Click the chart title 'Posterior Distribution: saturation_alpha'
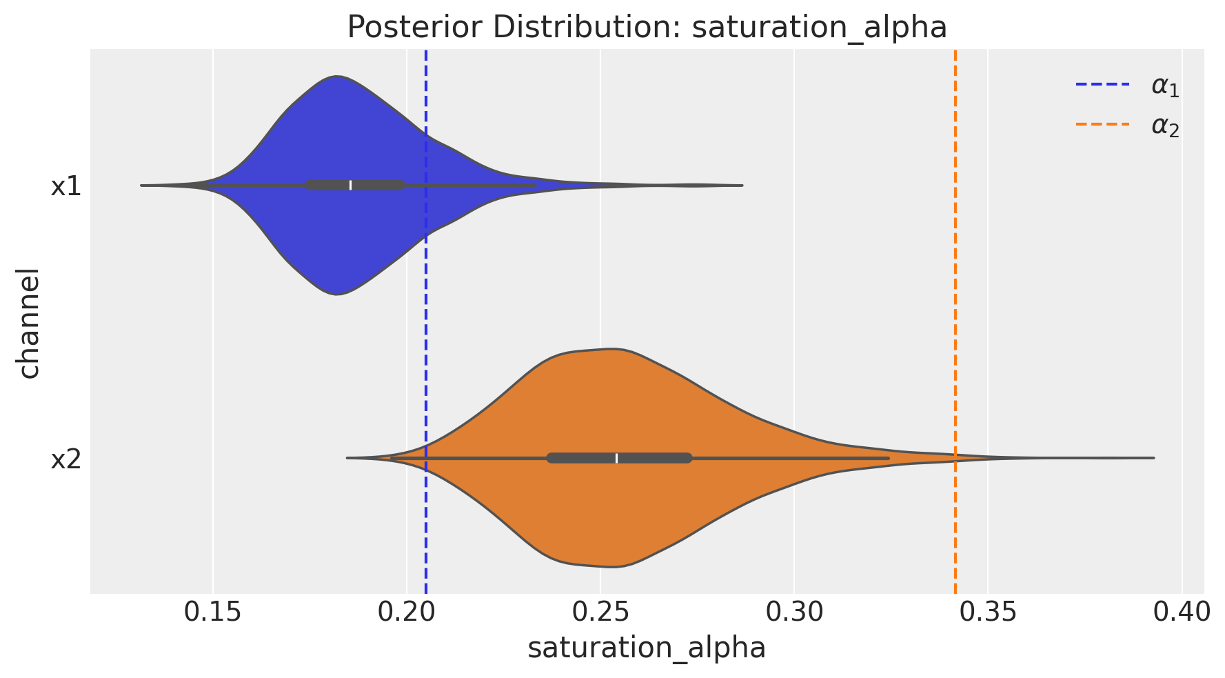click(x=646, y=28)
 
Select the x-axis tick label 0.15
click(x=213, y=611)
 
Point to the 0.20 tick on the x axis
click(x=407, y=611)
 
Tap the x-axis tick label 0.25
click(x=600, y=611)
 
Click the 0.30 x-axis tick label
click(x=794, y=611)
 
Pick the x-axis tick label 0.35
click(x=988, y=611)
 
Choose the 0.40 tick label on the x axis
click(x=1182, y=611)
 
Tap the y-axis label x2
click(x=66, y=459)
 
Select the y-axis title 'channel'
click(x=30, y=323)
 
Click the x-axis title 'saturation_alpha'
click(x=646, y=648)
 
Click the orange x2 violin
click(x=607, y=400)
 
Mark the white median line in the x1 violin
click(x=350, y=185)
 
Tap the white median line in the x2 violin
click(x=616, y=458)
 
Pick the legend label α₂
click(x=1165, y=126)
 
